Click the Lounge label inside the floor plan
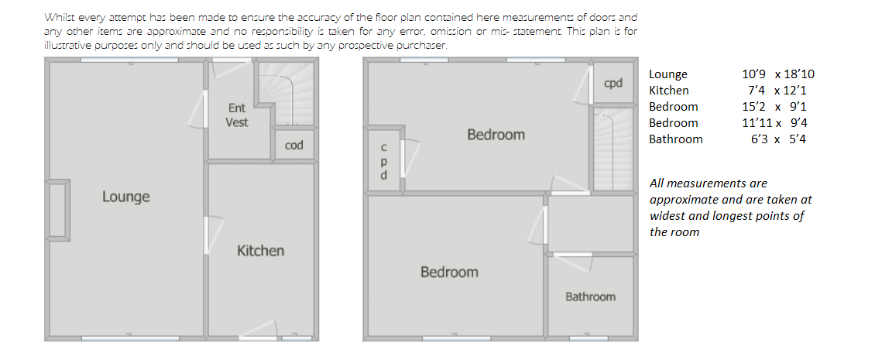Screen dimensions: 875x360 coord(125,197)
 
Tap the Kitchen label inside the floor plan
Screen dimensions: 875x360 coord(261,251)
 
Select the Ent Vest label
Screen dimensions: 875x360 coord(237,115)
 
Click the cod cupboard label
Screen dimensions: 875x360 coord(294,145)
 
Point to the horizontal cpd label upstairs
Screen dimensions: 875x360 coord(613,84)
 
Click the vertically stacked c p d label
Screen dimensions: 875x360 coord(383,161)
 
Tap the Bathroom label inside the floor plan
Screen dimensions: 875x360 coord(590,297)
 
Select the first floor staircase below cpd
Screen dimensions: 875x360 coord(612,149)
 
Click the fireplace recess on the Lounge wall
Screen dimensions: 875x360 coord(58,210)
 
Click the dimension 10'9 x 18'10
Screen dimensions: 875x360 coord(778,74)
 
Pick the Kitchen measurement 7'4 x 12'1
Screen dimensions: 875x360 coord(777,91)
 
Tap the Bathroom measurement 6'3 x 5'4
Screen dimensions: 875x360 coord(778,139)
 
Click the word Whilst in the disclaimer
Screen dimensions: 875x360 coord(58,17)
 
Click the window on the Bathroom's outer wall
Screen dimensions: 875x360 coord(588,338)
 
